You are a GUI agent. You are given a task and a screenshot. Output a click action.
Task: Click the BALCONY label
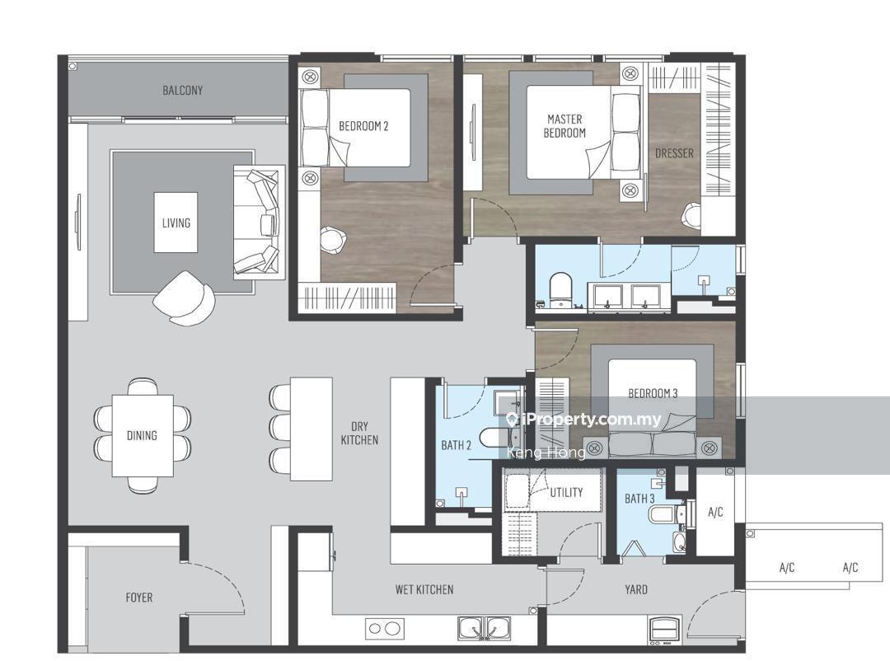pos(182,90)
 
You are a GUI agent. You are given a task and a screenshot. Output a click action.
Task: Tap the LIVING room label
pos(176,223)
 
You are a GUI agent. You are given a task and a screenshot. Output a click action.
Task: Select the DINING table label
pos(142,435)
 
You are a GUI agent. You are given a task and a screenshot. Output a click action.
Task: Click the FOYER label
pos(138,598)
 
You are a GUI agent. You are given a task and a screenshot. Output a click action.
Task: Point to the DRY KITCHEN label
pos(359,434)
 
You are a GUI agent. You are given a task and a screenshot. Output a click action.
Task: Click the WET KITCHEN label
pos(424,589)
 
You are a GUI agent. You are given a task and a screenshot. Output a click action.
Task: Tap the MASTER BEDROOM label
pos(564,126)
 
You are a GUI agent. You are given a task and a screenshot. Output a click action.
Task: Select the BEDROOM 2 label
pos(363,126)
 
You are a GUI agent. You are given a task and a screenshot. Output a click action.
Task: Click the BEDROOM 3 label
pos(653,393)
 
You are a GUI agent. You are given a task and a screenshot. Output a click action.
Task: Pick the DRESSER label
pos(674,153)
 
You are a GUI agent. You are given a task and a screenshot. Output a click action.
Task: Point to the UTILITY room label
pos(566,492)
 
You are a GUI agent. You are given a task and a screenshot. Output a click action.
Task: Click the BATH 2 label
pos(456,446)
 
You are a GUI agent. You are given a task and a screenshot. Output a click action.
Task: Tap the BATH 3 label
pos(639,499)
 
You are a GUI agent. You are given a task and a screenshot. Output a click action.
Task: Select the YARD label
pos(635,589)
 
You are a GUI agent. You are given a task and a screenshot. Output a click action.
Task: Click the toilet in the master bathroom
pos(560,288)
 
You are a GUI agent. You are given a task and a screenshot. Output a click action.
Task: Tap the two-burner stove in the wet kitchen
pos(385,629)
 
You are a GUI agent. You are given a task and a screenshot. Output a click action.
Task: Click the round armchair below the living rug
pos(184,298)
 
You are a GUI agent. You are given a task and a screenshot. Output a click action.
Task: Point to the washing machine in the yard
pos(664,630)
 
